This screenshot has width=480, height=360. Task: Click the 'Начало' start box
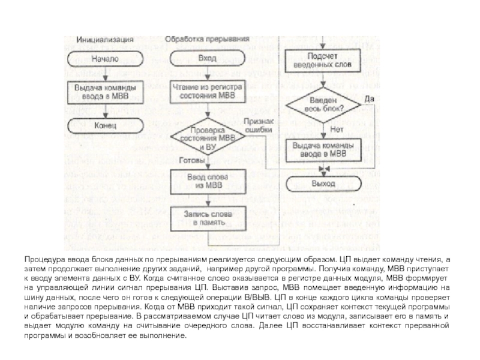[105, 59]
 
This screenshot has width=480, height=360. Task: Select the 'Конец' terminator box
[105, 127]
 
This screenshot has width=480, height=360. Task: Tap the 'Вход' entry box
[207, 59]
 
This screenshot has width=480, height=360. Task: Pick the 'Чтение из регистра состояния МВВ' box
[207, 91]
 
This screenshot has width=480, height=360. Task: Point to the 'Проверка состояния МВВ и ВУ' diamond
[207, 139]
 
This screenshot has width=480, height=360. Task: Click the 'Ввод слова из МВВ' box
[207, 181]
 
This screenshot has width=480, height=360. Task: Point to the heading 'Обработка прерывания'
[198, 40]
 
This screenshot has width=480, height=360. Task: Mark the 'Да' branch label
[370, 98]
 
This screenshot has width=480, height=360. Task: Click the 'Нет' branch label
[337, 128]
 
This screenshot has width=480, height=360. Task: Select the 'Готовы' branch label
[191, 161]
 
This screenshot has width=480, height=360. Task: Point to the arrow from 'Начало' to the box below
[105, 73]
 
